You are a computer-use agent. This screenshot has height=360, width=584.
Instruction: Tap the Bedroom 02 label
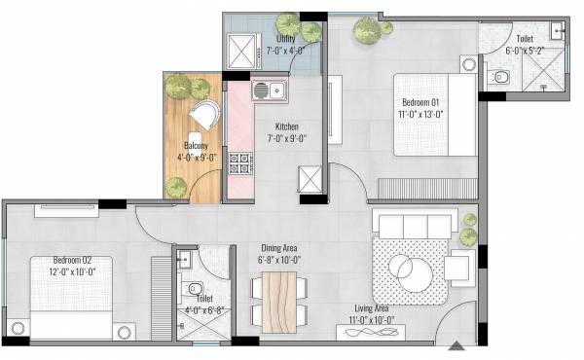pos(73,261)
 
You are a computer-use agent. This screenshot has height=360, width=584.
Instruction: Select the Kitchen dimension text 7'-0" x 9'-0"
pos(286,139)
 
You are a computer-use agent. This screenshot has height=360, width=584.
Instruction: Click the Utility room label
pos(286,39)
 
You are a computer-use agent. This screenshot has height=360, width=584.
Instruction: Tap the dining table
pos(277,300)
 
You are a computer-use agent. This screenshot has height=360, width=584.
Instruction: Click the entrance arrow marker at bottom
pos(455,345)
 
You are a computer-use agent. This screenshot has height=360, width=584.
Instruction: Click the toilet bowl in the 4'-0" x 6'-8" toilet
pos(194,288)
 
